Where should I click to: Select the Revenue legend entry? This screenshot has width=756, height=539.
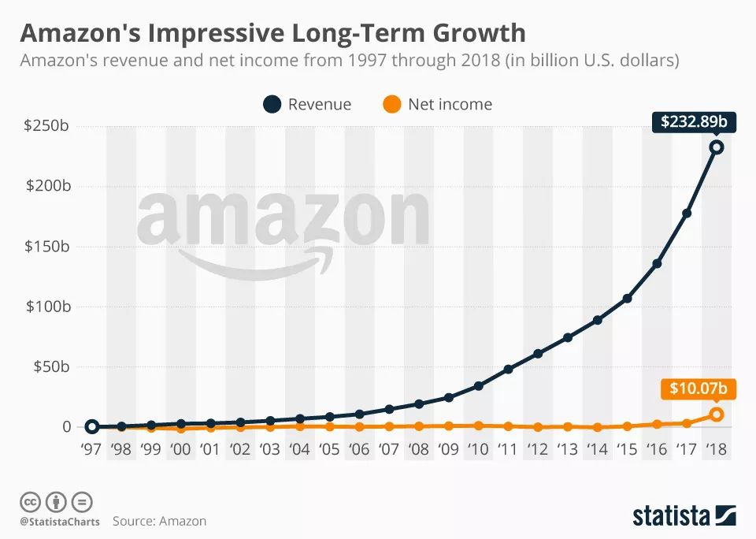pos(308,104)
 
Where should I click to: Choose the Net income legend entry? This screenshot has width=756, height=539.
pos(438,104)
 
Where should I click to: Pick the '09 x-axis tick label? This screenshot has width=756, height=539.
pos(449,449)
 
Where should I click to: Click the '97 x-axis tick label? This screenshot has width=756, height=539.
pos(91,449)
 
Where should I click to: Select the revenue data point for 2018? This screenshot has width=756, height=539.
pos(717,147)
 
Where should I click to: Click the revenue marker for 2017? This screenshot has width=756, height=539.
pos(687,214)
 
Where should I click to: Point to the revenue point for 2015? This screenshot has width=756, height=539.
pos(628,299)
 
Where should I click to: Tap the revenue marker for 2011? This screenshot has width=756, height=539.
pos(509,369)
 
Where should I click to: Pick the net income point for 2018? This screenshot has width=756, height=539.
pos(717,414)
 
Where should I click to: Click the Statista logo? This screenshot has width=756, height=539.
pos(684,515)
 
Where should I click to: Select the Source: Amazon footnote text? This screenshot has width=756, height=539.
pos(159,521)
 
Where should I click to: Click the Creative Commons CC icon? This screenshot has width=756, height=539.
pos(30,501)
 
